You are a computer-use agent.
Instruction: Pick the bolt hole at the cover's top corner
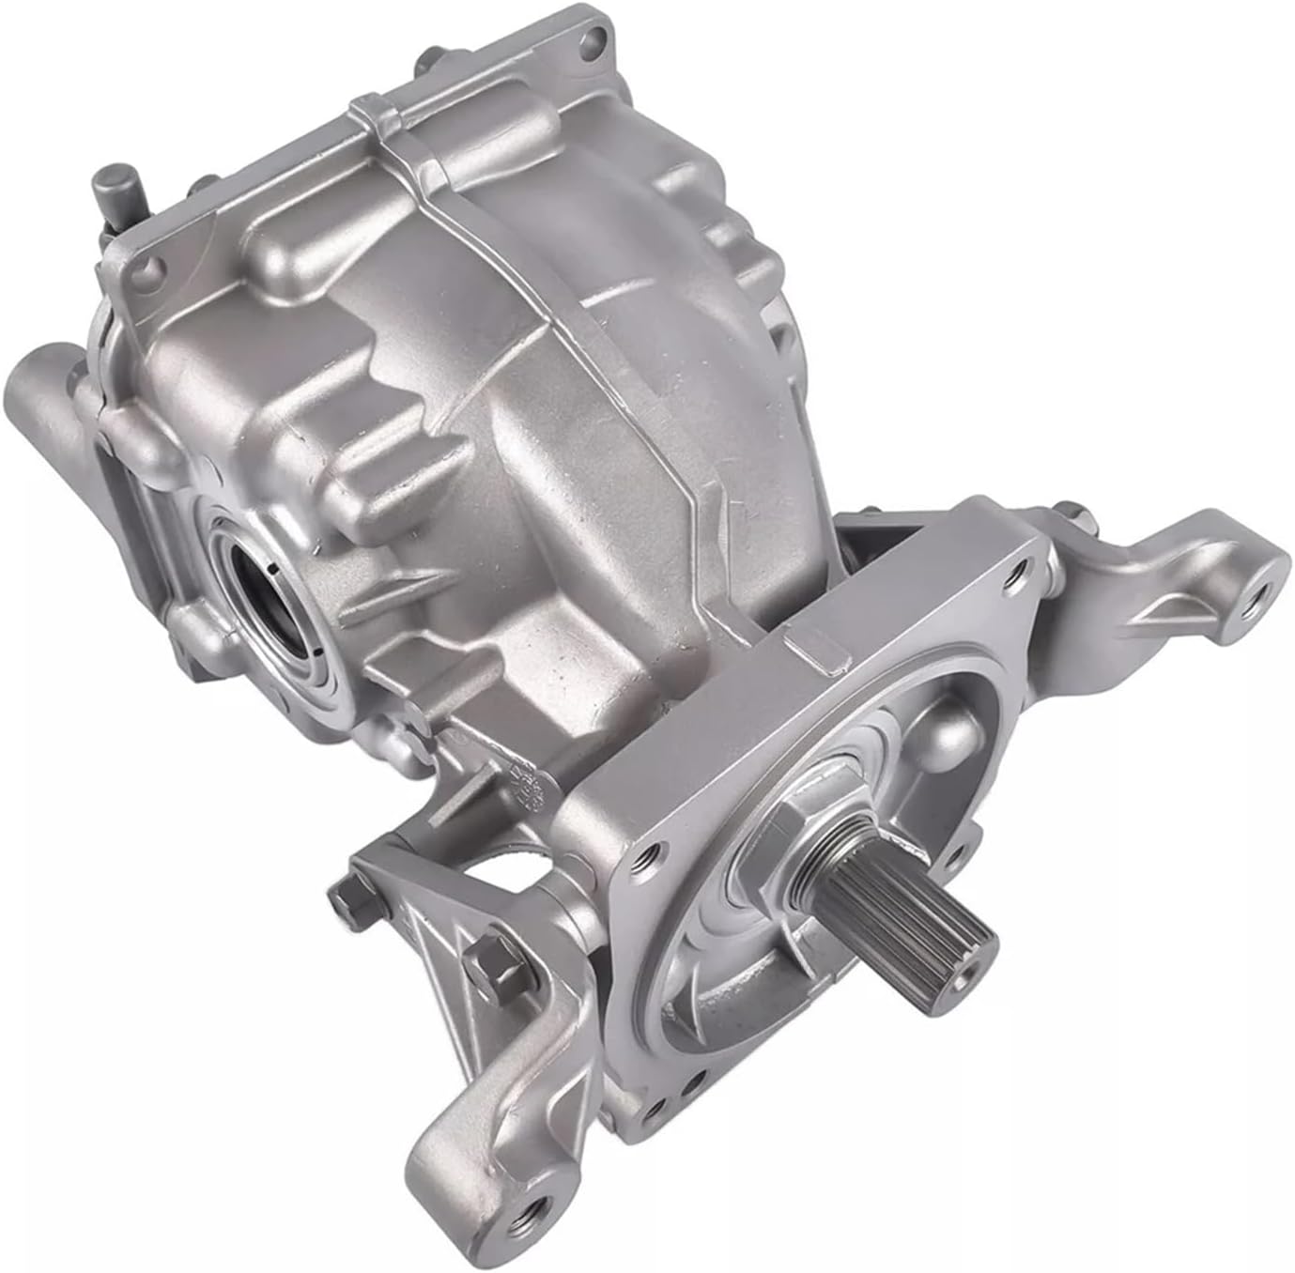pyautogui.click(x=591, y=38)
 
